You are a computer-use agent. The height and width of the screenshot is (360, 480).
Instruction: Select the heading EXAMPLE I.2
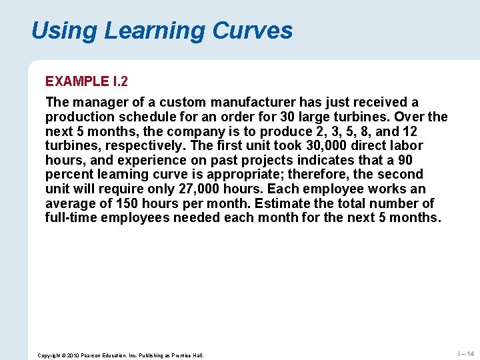[x=87, y=81]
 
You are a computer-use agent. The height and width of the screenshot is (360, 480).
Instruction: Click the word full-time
[x=72, y=218]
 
